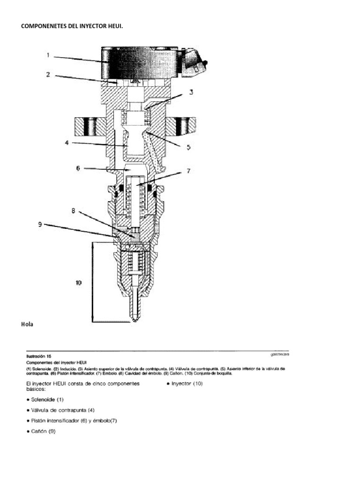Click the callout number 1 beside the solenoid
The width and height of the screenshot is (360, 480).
(x=48, y=55)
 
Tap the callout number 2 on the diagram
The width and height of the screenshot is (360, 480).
(x=48, y=74)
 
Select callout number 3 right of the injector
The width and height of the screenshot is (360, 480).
(x=191, y=92)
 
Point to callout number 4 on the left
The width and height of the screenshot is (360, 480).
(x=67, y=143)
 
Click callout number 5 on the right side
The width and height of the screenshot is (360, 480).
(x=188, y=147)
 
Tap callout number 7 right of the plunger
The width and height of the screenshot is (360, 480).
(x=188, y=171)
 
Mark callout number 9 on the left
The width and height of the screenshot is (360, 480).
(x=41, y=225)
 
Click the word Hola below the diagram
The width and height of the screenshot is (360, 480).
(x=27, y=324)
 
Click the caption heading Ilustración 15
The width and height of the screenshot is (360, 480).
(x=38, y=356)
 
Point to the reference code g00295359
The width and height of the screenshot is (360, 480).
(x=276, y=355)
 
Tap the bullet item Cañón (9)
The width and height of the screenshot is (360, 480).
(x=43, y=431)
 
